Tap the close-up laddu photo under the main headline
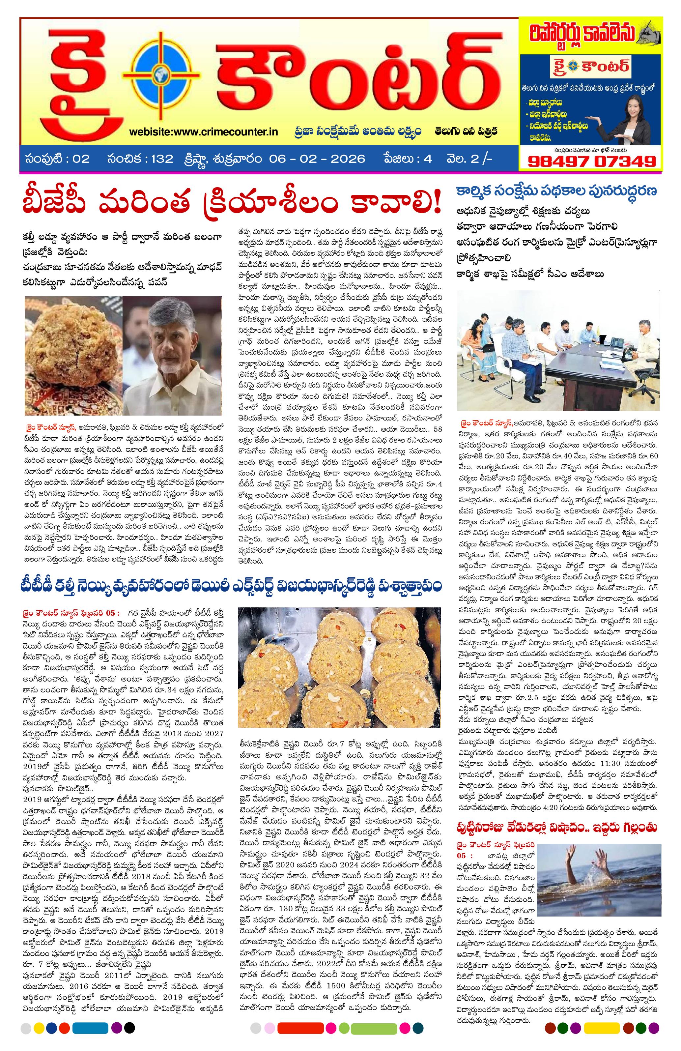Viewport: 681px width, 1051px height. click(73, 356)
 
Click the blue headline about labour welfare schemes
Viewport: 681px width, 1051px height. click(557, 191)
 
